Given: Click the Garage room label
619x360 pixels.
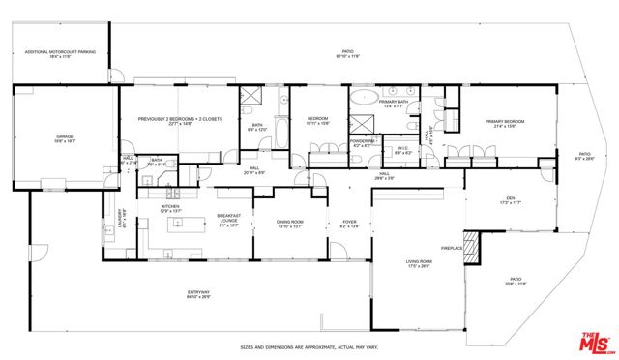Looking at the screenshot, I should [65, 139].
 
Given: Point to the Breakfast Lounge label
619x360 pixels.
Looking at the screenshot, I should [228, 219].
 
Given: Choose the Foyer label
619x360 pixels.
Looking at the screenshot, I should [349, 223].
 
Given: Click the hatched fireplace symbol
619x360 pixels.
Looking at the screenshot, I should [470, 248].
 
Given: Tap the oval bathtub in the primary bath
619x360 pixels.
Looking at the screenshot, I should [363, 97].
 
